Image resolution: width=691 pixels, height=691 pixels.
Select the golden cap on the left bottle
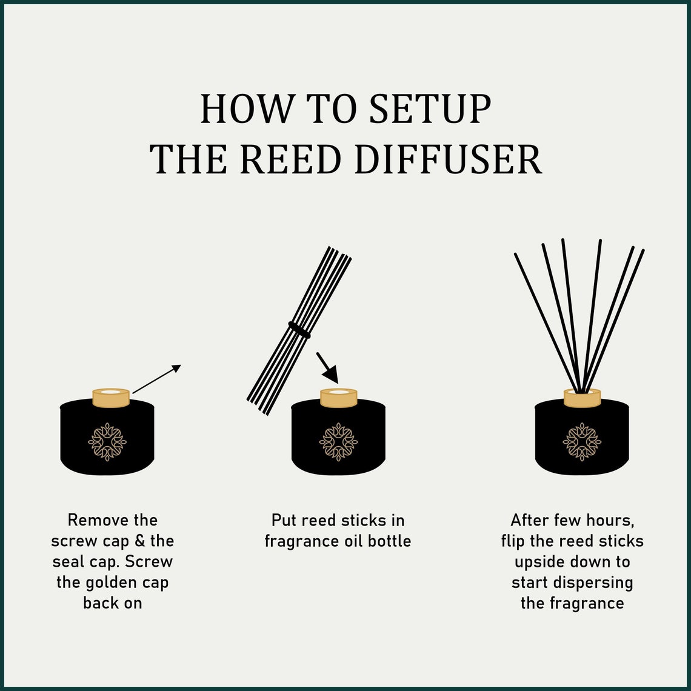click(x=111, y=398)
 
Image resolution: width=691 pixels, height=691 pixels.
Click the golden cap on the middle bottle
click(x=338, y=398)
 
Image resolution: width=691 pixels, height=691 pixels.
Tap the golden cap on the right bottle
click(x=582, y=398)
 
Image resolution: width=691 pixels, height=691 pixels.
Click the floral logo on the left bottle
click(x=107, y=442)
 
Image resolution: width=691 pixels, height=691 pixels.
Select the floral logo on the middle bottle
click(x=338, y=442)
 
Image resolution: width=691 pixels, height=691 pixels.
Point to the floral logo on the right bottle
click(x=582, y=442)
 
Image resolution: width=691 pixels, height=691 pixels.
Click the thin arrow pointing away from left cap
click(x=156, y=379)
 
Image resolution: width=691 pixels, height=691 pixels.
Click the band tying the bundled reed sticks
click(x=299, y=330)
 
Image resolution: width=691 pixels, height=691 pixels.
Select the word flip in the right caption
click(x=513, y=541)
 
